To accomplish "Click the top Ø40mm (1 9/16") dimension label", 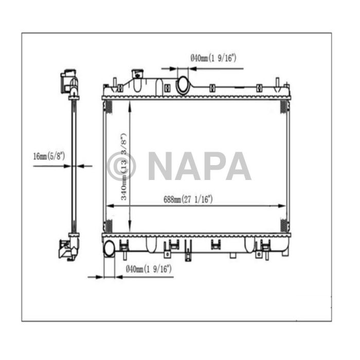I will coord(213,58).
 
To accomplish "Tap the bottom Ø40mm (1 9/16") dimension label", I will coord(148,268).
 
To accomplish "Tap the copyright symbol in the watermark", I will coord(122,166).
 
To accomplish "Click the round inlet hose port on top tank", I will coord(183,85).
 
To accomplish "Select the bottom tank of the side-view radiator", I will coord(69,246).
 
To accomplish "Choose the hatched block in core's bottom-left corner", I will coord(109,225).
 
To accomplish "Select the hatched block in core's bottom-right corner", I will coord(283,225).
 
